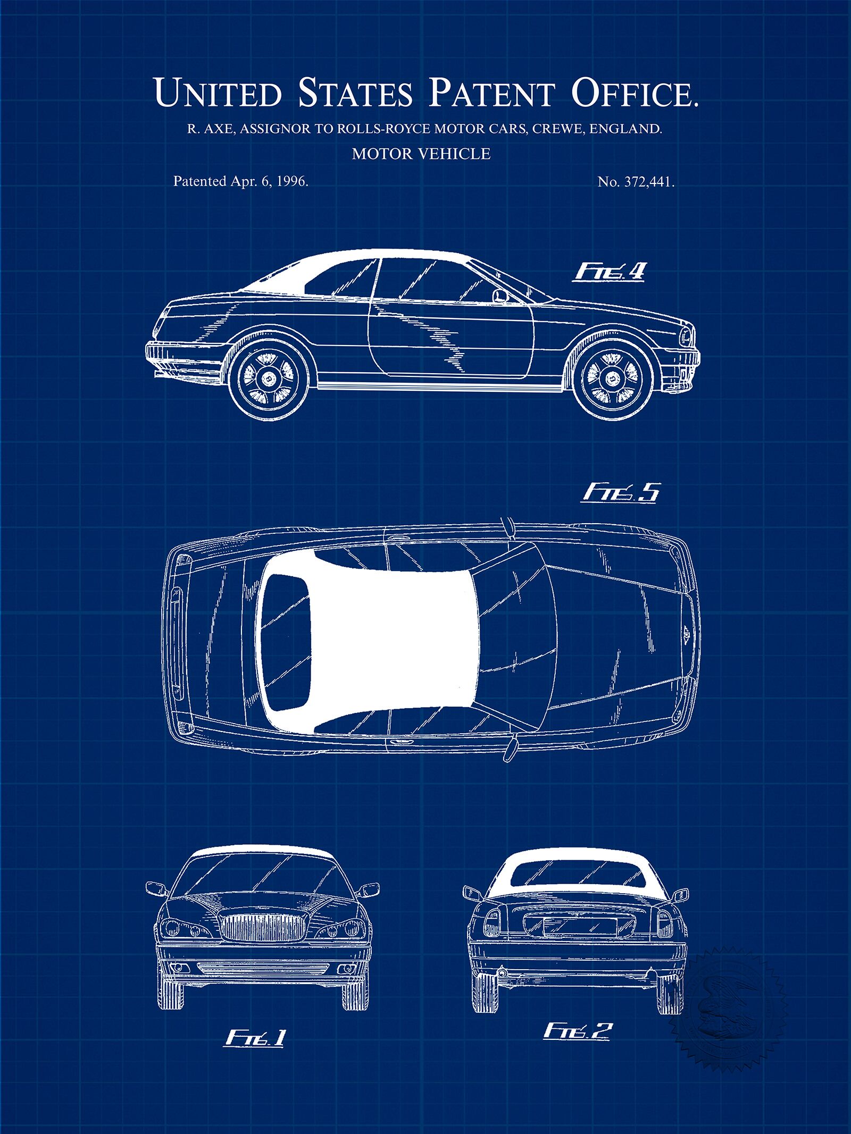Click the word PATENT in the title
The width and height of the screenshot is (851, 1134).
tap(489, 93)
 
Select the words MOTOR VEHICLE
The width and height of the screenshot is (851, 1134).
tap(421, 154)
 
